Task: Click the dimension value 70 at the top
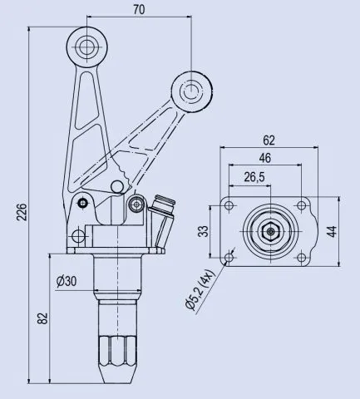(x=138, y=11)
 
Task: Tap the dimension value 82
(x=43, y=318)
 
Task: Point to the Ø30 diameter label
(x=67, y=281)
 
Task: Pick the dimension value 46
(x=265, y=158)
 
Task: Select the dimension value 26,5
(x=254, y=176)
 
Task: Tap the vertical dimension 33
(x=203, y=231)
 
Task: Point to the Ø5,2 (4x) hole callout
(x=202, y=287)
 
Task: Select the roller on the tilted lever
(x=191, y=88)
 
